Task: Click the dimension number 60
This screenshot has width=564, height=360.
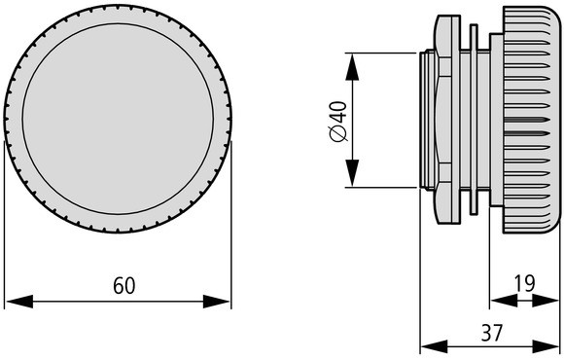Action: pos(124,285)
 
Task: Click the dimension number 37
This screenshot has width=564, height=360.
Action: pos(491,333)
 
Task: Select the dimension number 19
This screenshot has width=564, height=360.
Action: pos(524,283)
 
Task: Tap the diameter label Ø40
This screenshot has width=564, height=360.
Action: pos(338,122)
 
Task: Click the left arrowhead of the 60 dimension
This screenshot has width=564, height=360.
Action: pos(19,302)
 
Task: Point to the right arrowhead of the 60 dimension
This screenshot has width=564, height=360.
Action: pos(216,302)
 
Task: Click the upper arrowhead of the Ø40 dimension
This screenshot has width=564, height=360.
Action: pos(352,66)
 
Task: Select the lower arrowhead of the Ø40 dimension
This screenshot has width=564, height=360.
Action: pos(352,173)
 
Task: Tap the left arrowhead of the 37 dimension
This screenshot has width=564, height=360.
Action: pos(434,346)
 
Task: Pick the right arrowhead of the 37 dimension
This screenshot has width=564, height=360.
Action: pos(546,346)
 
